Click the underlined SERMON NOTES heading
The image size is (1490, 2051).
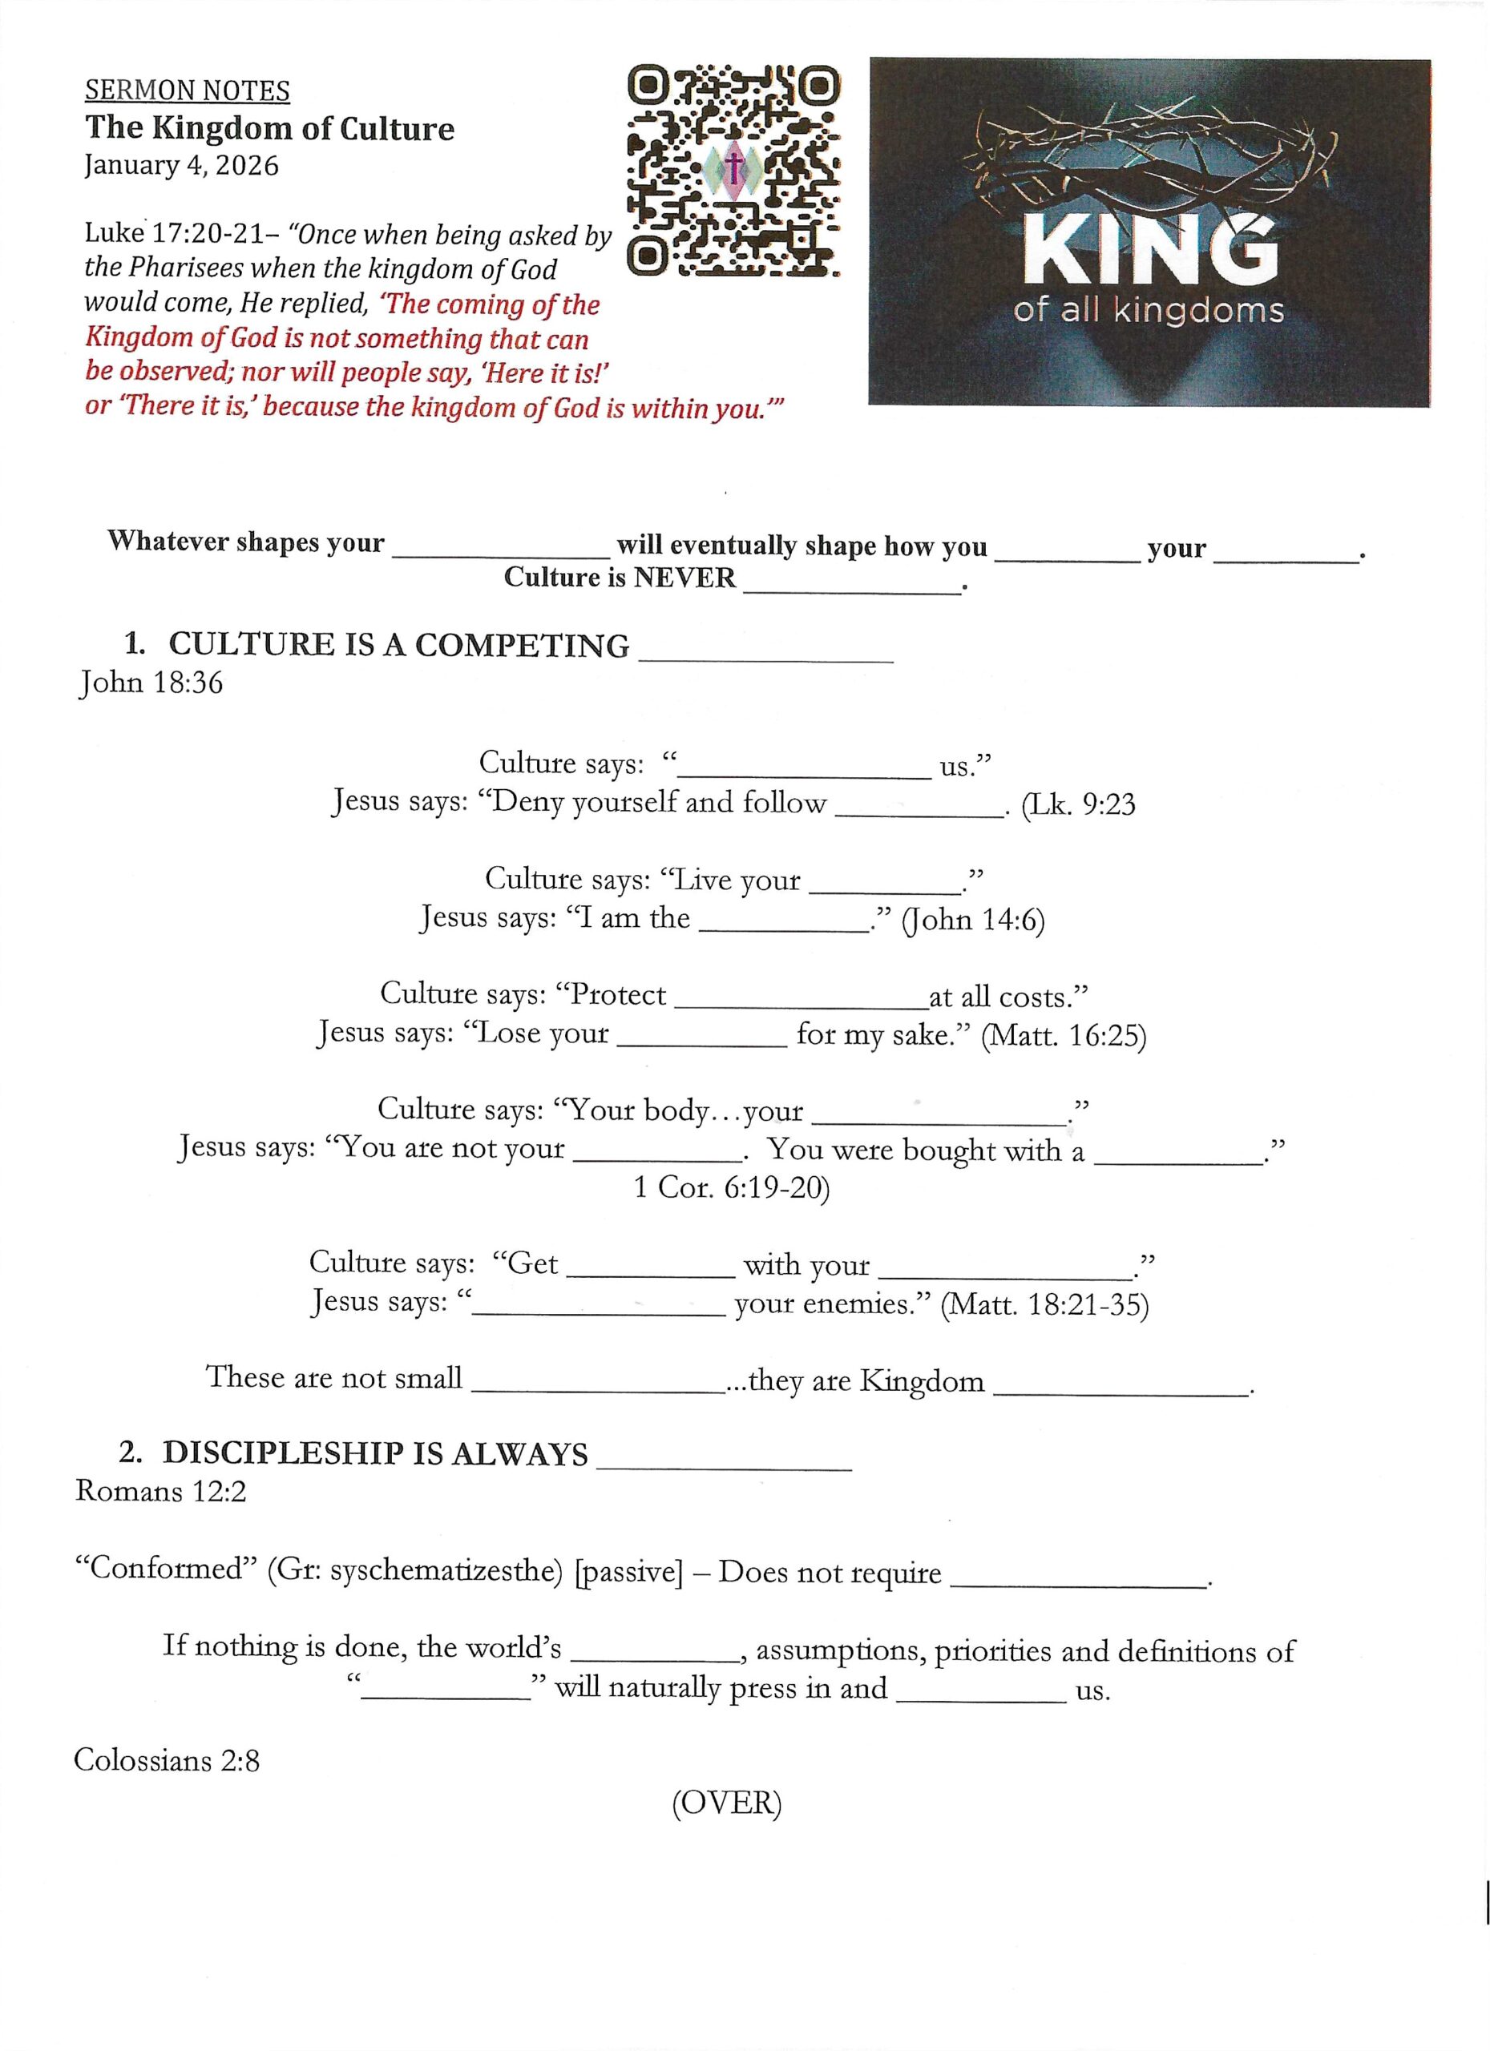pyautogui.click(x=188, y=91)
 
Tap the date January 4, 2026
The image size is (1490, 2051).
pyautogui.click(x=181, y=166)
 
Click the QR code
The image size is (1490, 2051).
pyautogui.click(x=732, y=170)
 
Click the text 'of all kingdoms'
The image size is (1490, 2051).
pyautogui.click(x=1148, y=311)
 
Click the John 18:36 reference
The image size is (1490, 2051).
pyautogui.click(x=150, y=683)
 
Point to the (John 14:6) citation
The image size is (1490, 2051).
pyautogui.click(x=972, y=920)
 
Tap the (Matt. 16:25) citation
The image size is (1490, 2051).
pyautogui.click(x=1063, y=1035)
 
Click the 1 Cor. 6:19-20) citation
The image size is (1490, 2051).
pyautogui.click(x=731, y=1187)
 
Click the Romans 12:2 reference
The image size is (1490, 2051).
pyautogui.click(x=160, y=1490)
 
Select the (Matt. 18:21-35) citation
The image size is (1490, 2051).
pyautogui.click(x=1044, y=1305)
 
